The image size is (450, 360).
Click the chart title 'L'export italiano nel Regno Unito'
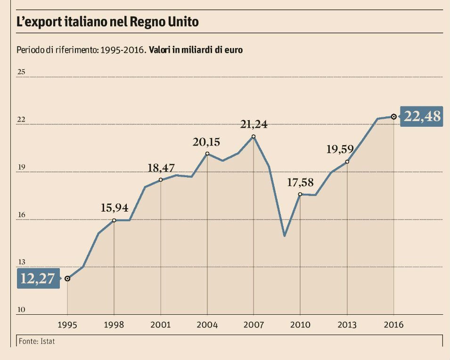click(x=107, y=22)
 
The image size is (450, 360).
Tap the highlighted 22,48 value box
click(x=422, y=116)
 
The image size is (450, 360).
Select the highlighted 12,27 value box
click(x=38, y=278)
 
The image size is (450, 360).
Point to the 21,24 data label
click(x=254, y=124)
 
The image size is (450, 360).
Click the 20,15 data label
click(x=206, y=142)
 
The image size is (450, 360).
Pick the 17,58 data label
click(x=301, y=182)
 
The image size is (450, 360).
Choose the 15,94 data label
click(x=115, y=208)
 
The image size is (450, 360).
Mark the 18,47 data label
click(x=161, y=168)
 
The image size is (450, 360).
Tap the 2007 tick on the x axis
click(x=254, y=325)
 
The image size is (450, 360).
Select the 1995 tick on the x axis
click(x=67, y=325)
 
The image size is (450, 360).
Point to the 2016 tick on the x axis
click(x=393, y=325)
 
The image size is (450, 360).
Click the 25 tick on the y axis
click(x=21, y=72)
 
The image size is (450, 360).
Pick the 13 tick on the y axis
click(x=21, y=262)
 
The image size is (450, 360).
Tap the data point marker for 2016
click(x=393, y=116)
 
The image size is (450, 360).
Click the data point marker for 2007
click(x=254, y=137)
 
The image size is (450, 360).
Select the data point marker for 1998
click(x=114, y=220)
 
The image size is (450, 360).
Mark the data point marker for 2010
click(x=300, y=194)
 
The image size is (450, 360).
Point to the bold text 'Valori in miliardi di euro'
click(x=196, y=50)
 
